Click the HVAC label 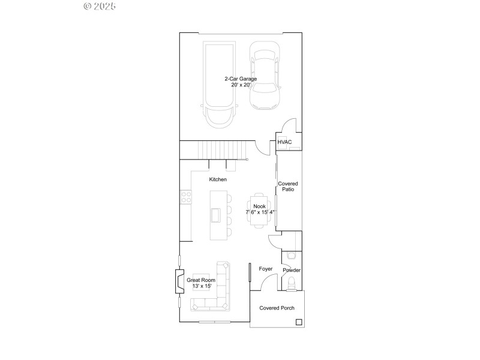(284, 142)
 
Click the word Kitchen (217, 179)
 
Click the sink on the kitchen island (215, 215)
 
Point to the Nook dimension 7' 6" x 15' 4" (260, 212)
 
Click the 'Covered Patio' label (287, 187)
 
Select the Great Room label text (200, 280)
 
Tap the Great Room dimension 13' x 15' (201, 287)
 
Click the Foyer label (265, 269)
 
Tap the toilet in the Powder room (292, 283)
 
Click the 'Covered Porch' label (277, 308)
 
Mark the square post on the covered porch (298, 322)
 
